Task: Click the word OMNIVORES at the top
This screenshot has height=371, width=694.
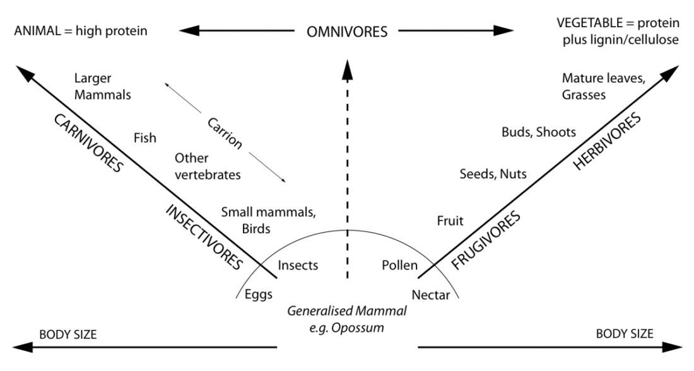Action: (347, 31)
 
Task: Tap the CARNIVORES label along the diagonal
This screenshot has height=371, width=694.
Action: (88, 143)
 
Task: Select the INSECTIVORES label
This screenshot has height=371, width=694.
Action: (204, 237)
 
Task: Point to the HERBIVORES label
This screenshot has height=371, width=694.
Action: (607, 141)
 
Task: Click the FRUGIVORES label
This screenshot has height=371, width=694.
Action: (486, 240)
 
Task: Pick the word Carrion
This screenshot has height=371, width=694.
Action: (225, 134)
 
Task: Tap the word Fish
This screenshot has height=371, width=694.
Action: (144, 138)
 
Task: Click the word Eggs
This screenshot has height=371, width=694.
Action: (259, 295)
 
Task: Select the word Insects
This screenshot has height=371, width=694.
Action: (298, 265)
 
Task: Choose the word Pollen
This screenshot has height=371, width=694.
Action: (399, 265)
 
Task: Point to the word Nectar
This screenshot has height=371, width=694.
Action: (431, 295)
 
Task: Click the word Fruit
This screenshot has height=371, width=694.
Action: (450, 220)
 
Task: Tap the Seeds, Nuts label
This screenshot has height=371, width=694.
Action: (493, 174)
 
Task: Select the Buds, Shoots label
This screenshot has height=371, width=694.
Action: (539, 132)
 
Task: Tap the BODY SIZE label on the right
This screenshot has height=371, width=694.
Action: (625, 334)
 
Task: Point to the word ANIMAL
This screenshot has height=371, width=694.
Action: (37, 31)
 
